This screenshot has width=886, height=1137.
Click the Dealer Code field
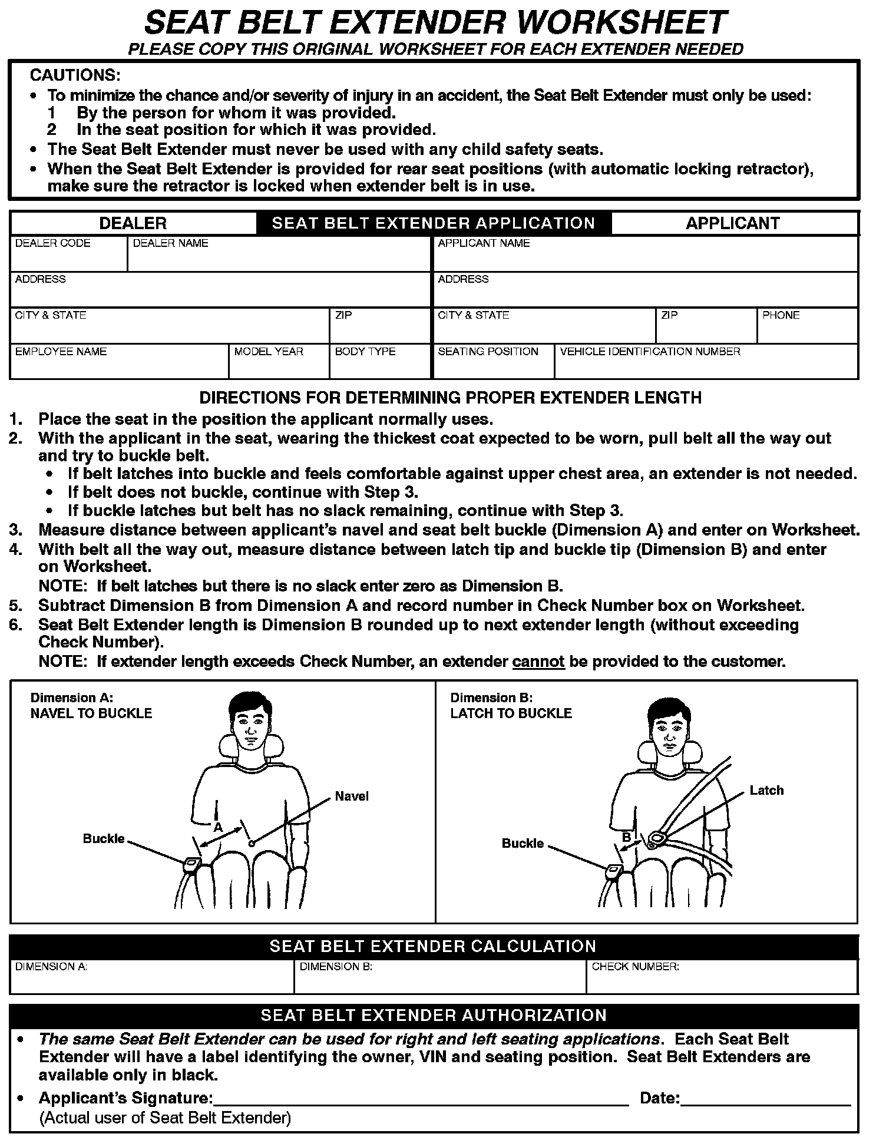[68, 258]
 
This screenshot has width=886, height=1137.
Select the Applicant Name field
[645, 258]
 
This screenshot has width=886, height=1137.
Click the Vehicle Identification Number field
[706, 365]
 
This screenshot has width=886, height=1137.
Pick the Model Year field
[278, 365]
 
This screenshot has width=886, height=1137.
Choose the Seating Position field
[493, 365]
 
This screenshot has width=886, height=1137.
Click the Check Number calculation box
[722, 981]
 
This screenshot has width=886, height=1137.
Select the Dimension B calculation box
[439, 981]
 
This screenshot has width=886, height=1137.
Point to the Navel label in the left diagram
[352, 796]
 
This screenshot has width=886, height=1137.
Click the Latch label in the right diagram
[766, 791]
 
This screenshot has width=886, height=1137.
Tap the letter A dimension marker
[218, 827]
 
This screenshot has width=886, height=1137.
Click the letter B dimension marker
[627, 837]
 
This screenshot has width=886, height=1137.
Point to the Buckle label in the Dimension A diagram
[104, 838]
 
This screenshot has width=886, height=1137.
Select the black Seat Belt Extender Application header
[434, 223]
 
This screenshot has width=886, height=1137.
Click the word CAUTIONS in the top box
[75, 75]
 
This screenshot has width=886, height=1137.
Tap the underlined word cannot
[538, 662]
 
